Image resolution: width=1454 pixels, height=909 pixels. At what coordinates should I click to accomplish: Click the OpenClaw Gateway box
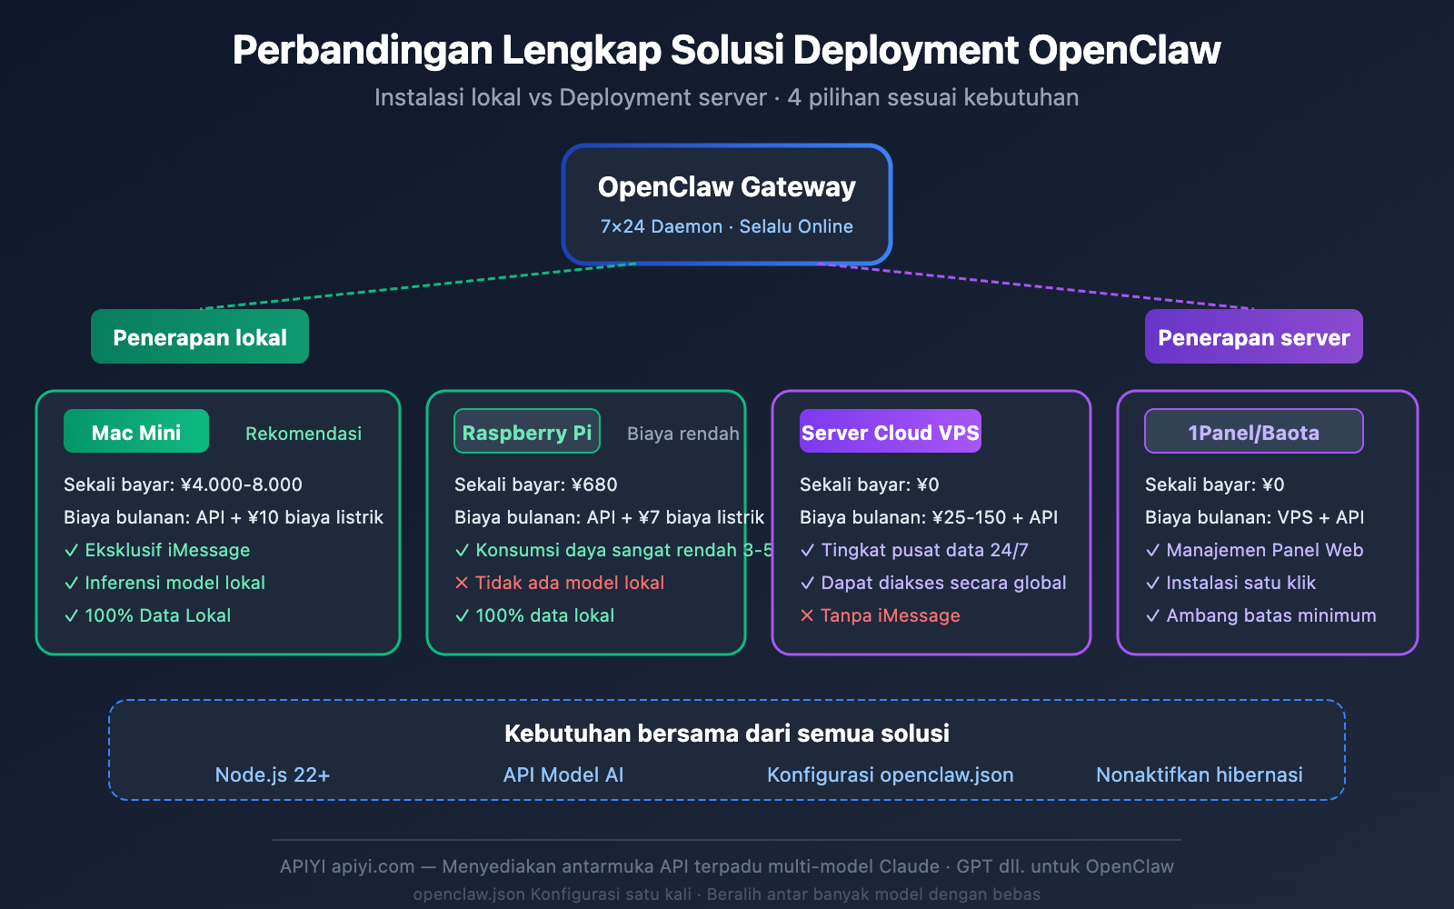coord(727,204)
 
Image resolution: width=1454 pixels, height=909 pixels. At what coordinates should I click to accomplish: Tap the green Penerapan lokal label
coord(200,337)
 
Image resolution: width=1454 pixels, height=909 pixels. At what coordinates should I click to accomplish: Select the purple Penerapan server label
coord(1253,337)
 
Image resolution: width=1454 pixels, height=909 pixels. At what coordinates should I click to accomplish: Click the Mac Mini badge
coord(136,432)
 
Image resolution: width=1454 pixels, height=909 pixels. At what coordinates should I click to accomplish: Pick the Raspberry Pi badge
coord(527,432)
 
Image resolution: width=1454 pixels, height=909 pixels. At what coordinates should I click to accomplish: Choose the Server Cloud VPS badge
coord(891,432)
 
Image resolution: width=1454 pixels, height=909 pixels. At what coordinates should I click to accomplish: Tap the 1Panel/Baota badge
coord(1253,432)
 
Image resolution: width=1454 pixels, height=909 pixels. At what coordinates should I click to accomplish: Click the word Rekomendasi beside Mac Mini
coord(304,434)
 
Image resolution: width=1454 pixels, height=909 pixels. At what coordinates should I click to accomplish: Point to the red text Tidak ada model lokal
coord(569,583)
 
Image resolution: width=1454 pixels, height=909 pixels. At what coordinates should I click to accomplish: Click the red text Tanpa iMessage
coord(890,615)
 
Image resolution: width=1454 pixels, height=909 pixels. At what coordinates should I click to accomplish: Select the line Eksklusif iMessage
coord(167,550)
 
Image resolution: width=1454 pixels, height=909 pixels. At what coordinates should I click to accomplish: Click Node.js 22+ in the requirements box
coord(273,774)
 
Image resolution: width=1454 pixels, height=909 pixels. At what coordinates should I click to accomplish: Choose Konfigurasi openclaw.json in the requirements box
coord(890,774)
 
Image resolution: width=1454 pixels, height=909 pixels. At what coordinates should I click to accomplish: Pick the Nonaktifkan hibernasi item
coord(1199,774)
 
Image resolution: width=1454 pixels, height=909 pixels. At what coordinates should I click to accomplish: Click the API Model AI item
coord(563,774)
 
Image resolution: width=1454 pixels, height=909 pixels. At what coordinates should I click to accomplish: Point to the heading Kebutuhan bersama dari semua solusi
coord(727,734)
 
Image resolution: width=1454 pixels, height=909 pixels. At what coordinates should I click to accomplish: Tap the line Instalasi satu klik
coord(1240,583)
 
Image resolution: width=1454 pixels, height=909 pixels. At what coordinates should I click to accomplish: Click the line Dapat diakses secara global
coord(943,583)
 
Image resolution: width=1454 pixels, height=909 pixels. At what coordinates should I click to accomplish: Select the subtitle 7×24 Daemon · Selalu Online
coord(727,226)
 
